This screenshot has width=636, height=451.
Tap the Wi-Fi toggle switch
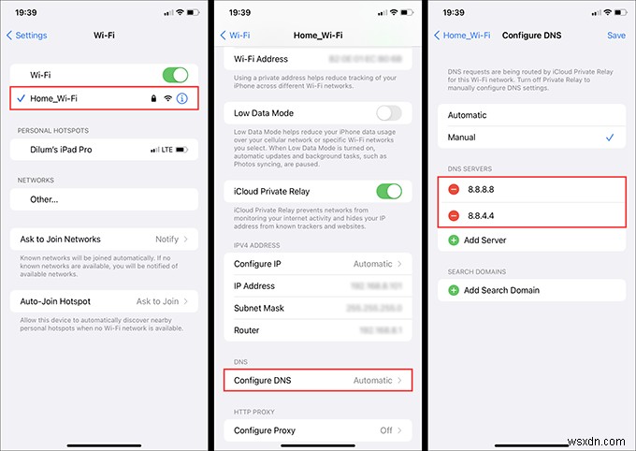(174, 74)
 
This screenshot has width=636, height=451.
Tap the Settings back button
(27, 35)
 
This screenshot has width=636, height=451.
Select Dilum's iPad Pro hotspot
(104, 150)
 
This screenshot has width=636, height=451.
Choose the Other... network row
(104, 199)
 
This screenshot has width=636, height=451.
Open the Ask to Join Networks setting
(104, 240)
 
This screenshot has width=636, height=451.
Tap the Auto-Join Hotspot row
(104, 301)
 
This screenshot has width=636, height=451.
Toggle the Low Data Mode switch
(388, 113)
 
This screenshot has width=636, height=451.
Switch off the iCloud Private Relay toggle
(388, 191)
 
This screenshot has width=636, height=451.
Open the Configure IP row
(317, 264)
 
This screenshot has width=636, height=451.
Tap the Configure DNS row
(317, 381)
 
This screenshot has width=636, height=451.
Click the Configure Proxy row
(317, 430)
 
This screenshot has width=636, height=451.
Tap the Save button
(615, 35)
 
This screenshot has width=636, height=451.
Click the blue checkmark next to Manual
(610, 138)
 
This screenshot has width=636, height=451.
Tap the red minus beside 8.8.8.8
(454, 190)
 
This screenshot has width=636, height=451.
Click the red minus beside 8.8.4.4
(454, 215)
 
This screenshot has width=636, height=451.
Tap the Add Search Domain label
(501, 290)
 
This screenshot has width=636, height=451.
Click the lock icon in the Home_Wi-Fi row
(152, 97)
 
